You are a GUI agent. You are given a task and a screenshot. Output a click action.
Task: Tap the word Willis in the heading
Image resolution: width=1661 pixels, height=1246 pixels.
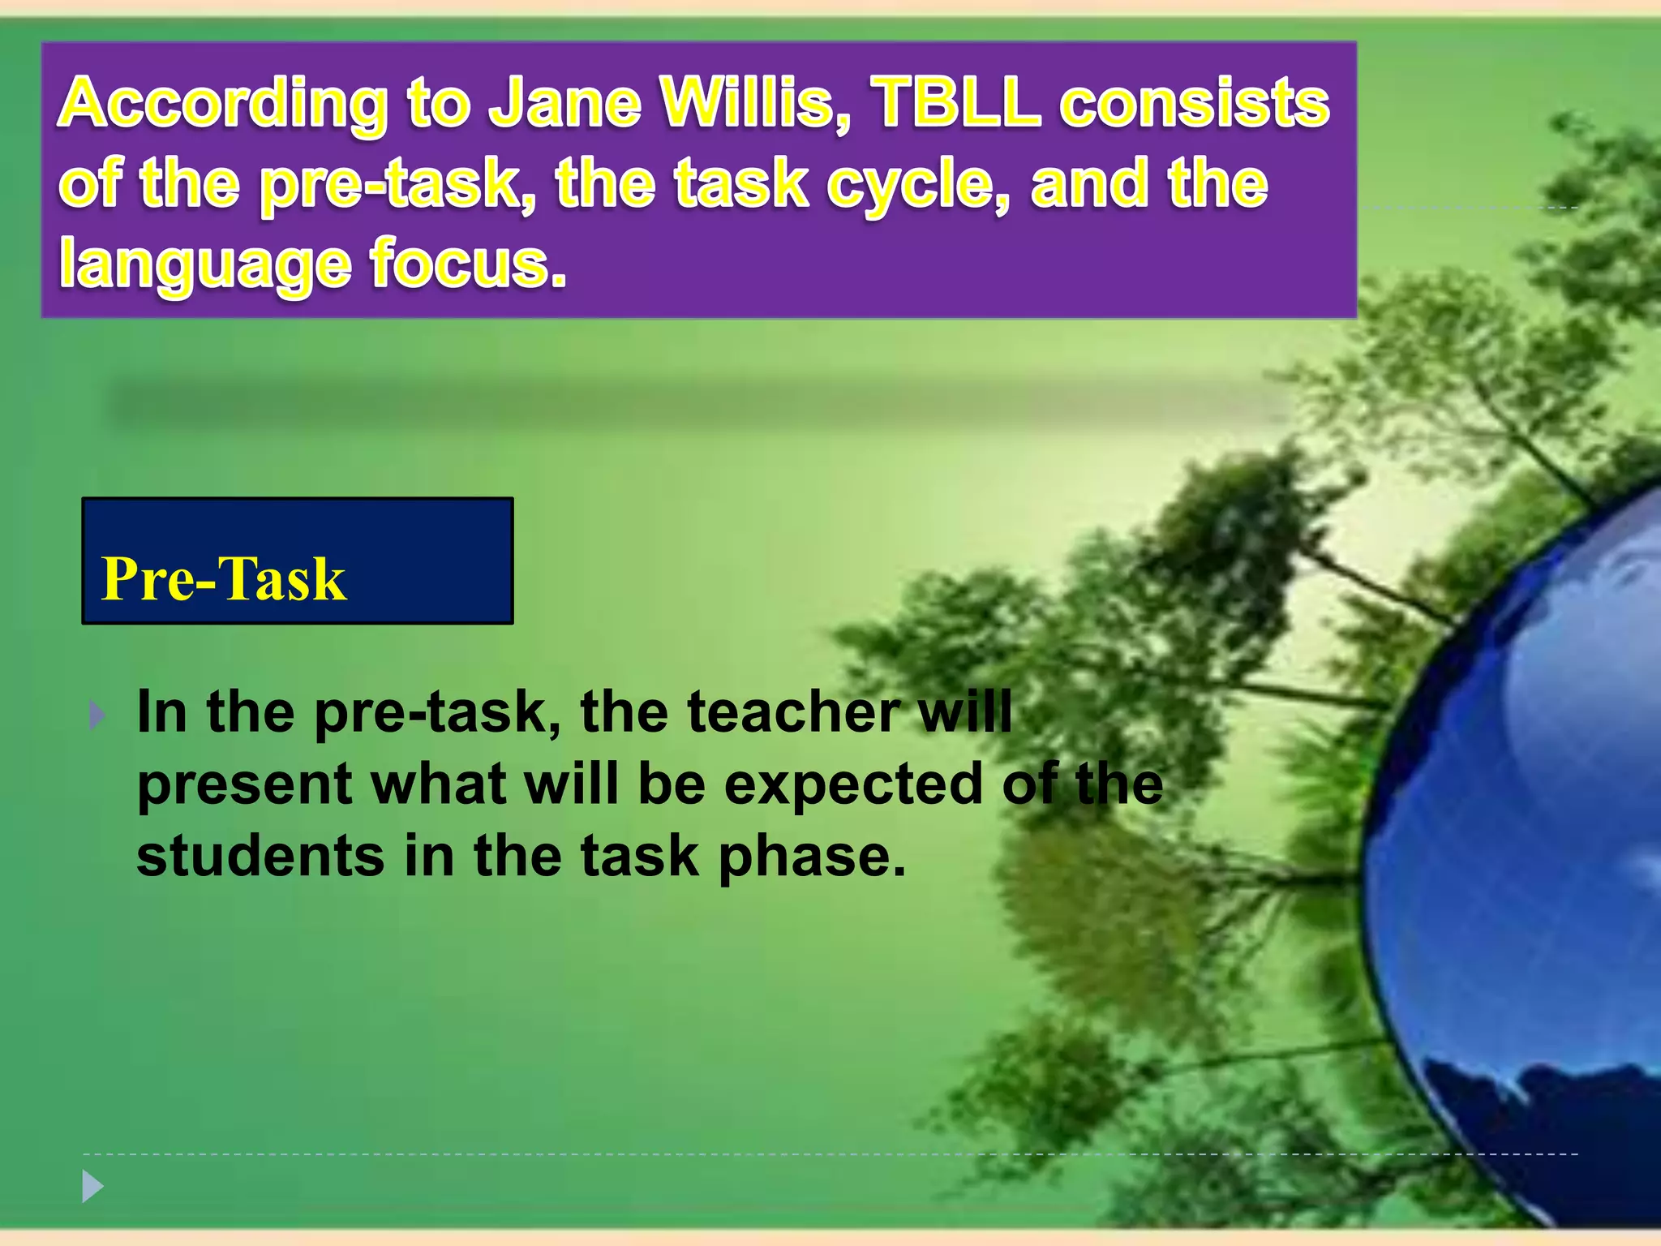pyautogui.click(x=754, y=103)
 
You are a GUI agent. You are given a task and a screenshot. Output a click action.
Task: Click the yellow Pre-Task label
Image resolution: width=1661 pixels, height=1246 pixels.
pyautogui.click(x=224, y=579)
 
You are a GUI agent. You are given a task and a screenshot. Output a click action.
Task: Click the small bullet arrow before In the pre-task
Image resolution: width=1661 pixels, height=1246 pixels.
pyautogui.click(x=97, y=715)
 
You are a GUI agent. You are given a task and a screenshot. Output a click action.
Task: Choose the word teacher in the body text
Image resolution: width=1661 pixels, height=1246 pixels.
pyautogui.click(x=793, y=711)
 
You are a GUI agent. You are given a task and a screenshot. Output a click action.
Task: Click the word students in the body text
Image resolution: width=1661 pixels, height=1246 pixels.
pyautogui.click(x=260, y=857)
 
